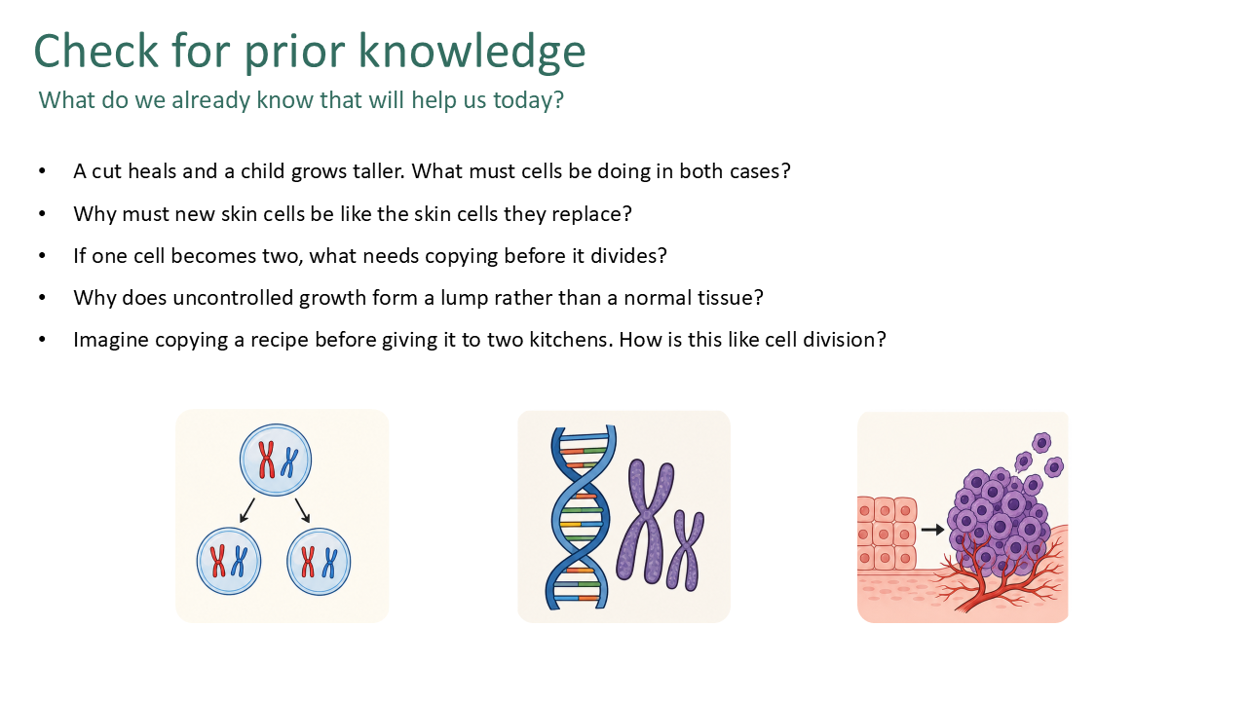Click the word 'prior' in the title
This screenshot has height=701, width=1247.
pyautogui.click(x=295, y=52)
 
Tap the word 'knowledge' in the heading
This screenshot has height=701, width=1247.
pyautogui.click(x=472, y=52)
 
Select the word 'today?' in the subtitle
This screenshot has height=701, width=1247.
pyautogui.click(x=529, y=100)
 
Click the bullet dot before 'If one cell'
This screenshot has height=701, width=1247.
pyautogui.click(x=42, y=256)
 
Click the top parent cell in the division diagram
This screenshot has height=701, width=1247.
pyautogui.click(x=276, y=460)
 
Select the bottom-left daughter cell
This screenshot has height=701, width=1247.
pyautogui.click(x=229, y=561)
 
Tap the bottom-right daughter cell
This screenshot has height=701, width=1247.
pyautogui.click(x=319, y=562)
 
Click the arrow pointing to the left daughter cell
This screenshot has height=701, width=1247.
pyautogui.click(x=246, y=511)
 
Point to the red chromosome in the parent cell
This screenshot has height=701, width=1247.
pyautogui.click(x=267, y=460)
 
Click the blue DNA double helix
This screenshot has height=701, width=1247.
pyautogui.click(x=579, y=517)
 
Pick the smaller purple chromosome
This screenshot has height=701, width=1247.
pyautogui.click(x=685, y=550)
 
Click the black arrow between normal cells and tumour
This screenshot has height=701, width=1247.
pyautogui.click(x=932, y=530)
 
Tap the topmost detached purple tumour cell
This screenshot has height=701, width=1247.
pyautogui.click(x=1041, y=443)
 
